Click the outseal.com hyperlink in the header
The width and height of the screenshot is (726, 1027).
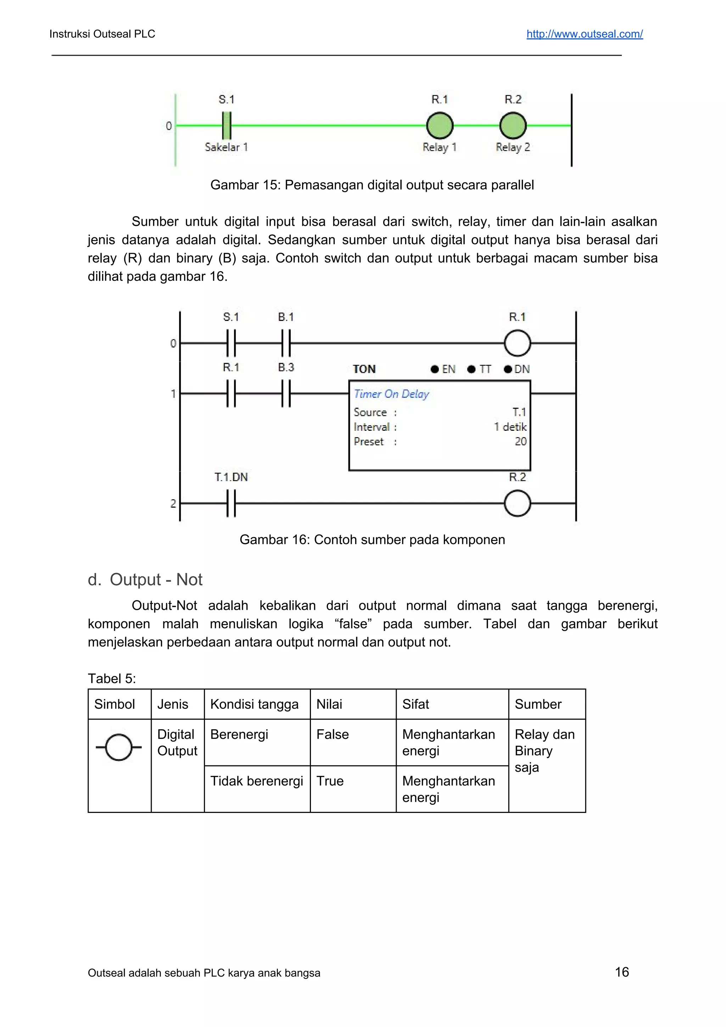[x=584, y=34]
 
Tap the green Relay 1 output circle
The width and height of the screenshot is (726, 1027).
[x=439, y=126]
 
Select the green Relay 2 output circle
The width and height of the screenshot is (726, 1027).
[x=513, y=126]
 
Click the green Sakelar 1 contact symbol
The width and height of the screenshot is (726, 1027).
[x=227, y=126]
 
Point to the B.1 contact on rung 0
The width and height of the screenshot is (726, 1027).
[x=286, y=343]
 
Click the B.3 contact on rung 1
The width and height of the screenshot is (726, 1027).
[x=286, y=393]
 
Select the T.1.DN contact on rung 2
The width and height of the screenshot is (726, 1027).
[x=231, y=503]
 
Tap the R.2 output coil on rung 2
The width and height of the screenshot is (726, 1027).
[x=517, y=503]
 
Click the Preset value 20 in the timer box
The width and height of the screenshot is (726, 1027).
[x=520, y=441]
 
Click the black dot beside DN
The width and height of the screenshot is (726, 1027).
[x=508, y=369]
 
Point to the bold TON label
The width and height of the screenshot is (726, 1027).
[x=364, y=369]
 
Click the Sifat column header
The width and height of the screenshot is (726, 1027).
[x=415, y=704]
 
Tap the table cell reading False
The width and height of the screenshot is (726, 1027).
[x=333, y=735]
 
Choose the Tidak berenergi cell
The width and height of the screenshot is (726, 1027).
[x=256, y=781]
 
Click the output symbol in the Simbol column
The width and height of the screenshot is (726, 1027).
[x=118, y=747]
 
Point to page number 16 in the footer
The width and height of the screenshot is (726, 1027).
[x=622, y=972]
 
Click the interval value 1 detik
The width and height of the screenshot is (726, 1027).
[x=510, y=427]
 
